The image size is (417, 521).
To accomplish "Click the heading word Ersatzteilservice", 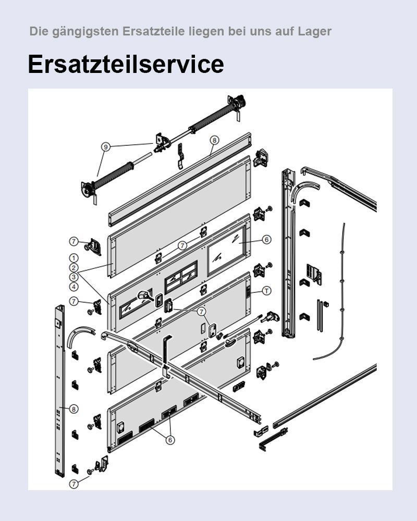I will [126, 64].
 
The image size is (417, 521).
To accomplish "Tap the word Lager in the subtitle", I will [315, 31].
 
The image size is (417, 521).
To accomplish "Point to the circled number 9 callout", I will [106, 147].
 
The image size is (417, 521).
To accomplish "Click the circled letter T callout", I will [266, 291].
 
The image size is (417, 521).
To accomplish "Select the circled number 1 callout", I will [74, 258].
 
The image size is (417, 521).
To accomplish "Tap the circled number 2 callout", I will [74, 267].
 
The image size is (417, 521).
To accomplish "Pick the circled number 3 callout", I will [74, 277].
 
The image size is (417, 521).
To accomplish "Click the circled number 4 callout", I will [74, 287].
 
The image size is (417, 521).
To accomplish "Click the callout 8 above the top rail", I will [214, 140].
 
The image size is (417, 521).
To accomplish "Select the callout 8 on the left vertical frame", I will [74, 409].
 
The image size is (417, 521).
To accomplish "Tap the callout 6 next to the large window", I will [266, 240].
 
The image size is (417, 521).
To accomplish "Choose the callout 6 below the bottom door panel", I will [170, 440].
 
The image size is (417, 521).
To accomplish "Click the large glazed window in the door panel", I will [227, 252].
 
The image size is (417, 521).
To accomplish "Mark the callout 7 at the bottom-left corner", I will [74, 483].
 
